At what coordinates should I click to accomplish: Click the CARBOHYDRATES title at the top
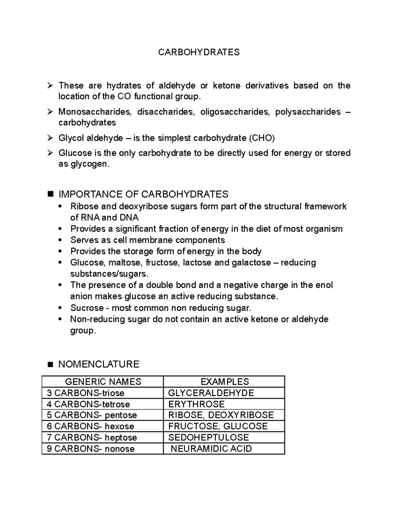[x=199, y=52]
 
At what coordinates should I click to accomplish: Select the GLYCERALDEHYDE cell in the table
[x=211, y=393]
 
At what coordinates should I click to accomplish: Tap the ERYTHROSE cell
[x=196, y=404]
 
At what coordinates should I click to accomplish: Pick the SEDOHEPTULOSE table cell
[x=208, y=437]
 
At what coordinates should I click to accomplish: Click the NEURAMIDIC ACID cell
[x=211, y=449]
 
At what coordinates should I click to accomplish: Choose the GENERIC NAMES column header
[x=103, y=382]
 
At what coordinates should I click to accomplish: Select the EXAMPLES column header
[x=225, y=382]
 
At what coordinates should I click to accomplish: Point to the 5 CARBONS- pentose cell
[x=92, y=415]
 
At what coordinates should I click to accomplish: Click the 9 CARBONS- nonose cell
[x=91, y=449]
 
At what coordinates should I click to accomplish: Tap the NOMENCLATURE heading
[x=99, y=364]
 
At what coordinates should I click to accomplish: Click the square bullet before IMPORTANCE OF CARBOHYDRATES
[x=50, y=194]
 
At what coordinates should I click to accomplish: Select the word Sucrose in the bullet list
[x=87, y=308]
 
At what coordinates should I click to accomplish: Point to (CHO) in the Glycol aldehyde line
[x=262, y=138]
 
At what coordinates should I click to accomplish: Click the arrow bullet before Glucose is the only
[x=50, y=153]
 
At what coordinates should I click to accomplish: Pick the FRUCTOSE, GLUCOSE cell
[x=218, y=426]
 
